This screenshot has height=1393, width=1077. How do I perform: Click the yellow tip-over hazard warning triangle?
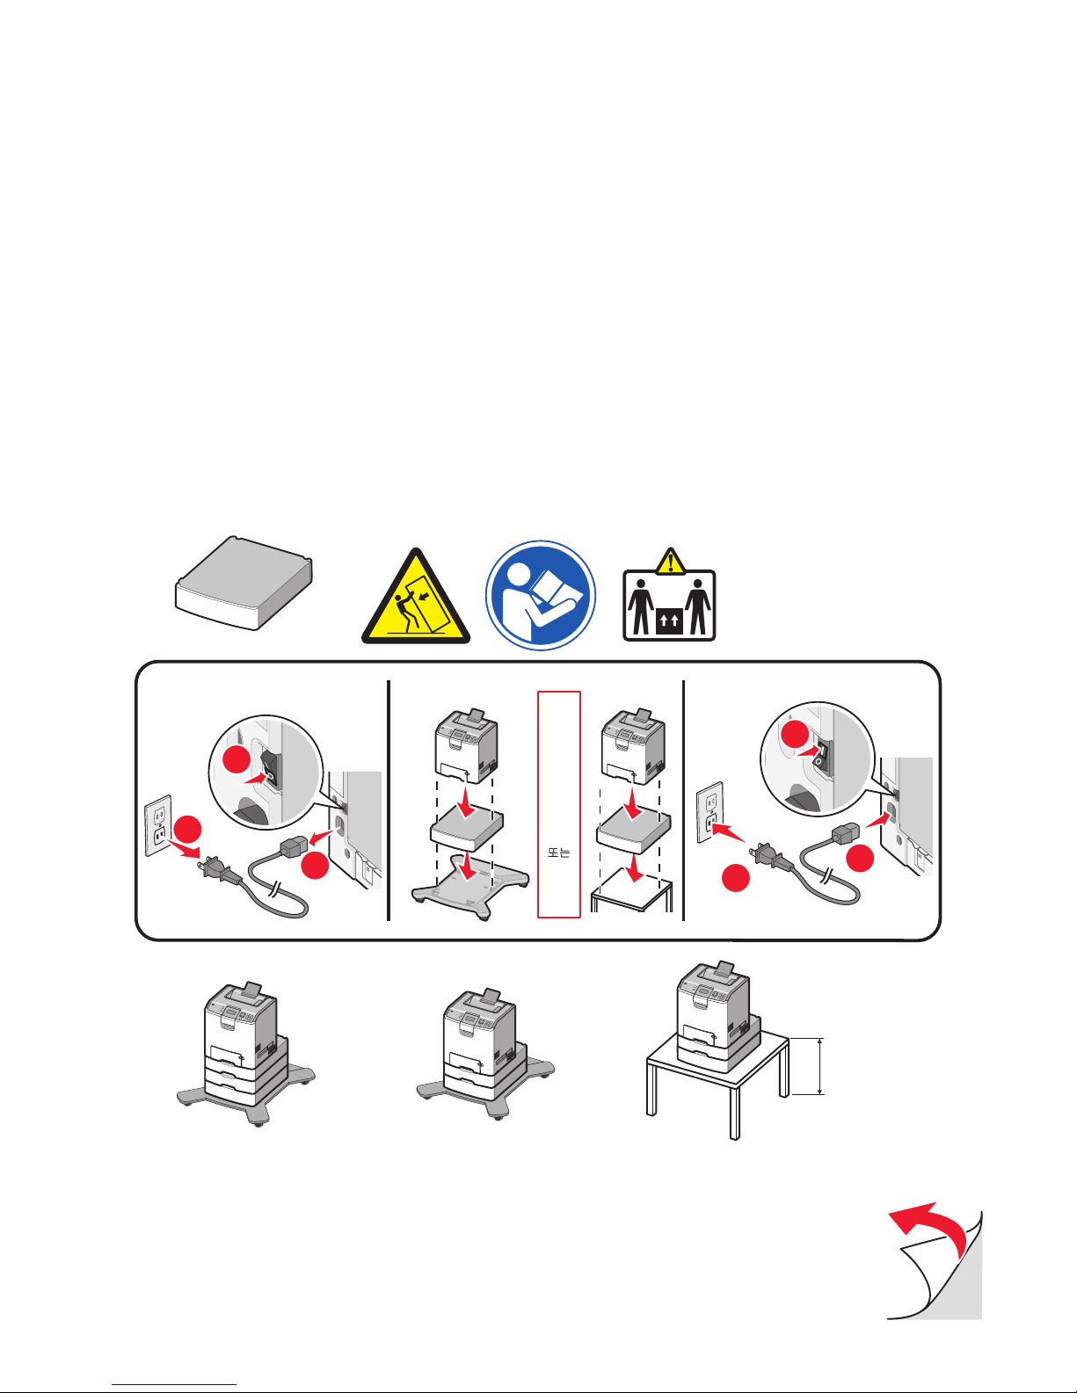click(416, 600)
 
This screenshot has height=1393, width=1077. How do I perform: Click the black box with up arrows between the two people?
click(669, 621)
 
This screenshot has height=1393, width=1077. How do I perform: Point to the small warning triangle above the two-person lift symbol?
click(671, 561)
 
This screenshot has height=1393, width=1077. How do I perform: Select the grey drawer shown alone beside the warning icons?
click(244, 583)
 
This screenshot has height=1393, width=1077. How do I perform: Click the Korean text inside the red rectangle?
click(559, 852)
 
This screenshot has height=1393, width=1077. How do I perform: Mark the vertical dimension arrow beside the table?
click(820, 1066)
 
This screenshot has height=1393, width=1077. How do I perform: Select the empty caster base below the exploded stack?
click(470, 887)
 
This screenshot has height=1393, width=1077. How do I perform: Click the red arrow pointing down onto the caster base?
click(470, 865)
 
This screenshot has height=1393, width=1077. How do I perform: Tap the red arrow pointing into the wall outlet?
click(729, 832)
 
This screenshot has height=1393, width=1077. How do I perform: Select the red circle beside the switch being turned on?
click(795, 733)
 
